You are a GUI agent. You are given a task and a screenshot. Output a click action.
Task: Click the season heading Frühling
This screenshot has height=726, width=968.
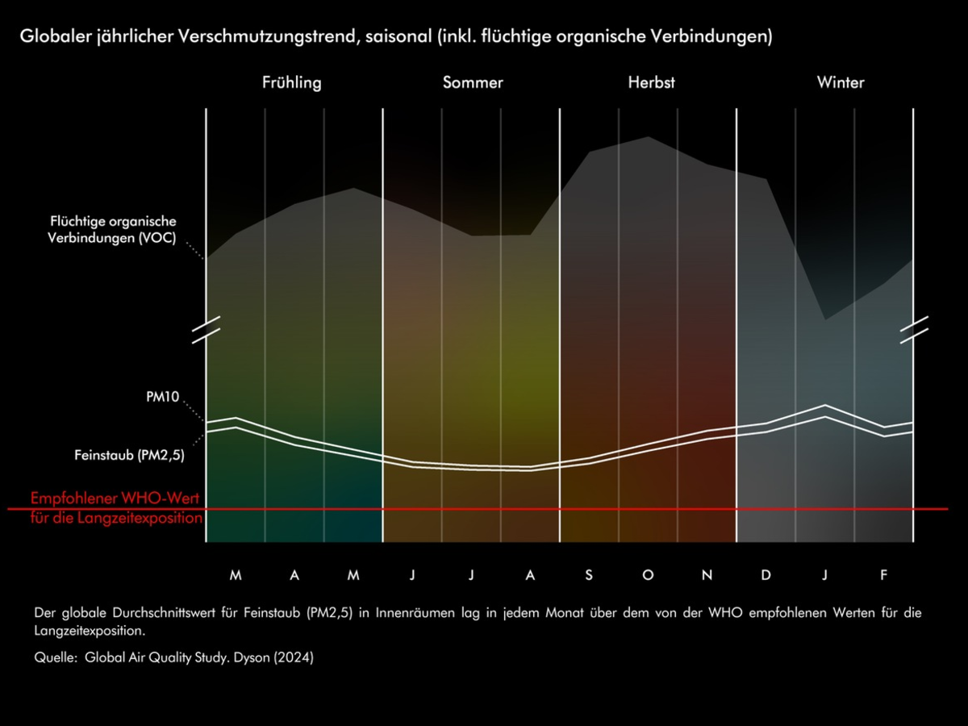point(291,82)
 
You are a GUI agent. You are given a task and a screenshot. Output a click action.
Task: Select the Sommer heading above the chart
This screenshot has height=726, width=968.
point(473,82)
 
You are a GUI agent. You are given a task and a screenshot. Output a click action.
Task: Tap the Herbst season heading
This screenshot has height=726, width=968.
point(651,82)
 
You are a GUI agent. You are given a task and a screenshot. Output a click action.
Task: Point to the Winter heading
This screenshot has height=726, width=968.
point(840,82)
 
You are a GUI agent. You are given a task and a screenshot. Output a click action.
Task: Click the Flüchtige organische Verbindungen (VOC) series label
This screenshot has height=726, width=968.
point(113,230)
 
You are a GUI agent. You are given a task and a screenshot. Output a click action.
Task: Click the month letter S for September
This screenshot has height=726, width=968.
point(589,575)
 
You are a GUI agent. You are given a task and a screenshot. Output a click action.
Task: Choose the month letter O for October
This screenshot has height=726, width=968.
point(648,575)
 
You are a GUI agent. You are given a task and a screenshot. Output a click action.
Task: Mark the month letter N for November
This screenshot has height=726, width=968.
point(707,575)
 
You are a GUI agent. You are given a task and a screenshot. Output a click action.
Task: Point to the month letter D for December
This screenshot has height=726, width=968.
point(766,575)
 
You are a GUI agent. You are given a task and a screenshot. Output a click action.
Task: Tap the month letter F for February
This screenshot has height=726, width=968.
point(884,575)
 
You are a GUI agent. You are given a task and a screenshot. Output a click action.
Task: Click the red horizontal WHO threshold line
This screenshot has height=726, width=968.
point(565,509)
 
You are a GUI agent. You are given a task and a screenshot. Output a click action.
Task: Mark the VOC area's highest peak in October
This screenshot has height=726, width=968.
point(649,137)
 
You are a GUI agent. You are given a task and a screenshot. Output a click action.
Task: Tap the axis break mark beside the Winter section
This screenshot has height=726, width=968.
point(914,330)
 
